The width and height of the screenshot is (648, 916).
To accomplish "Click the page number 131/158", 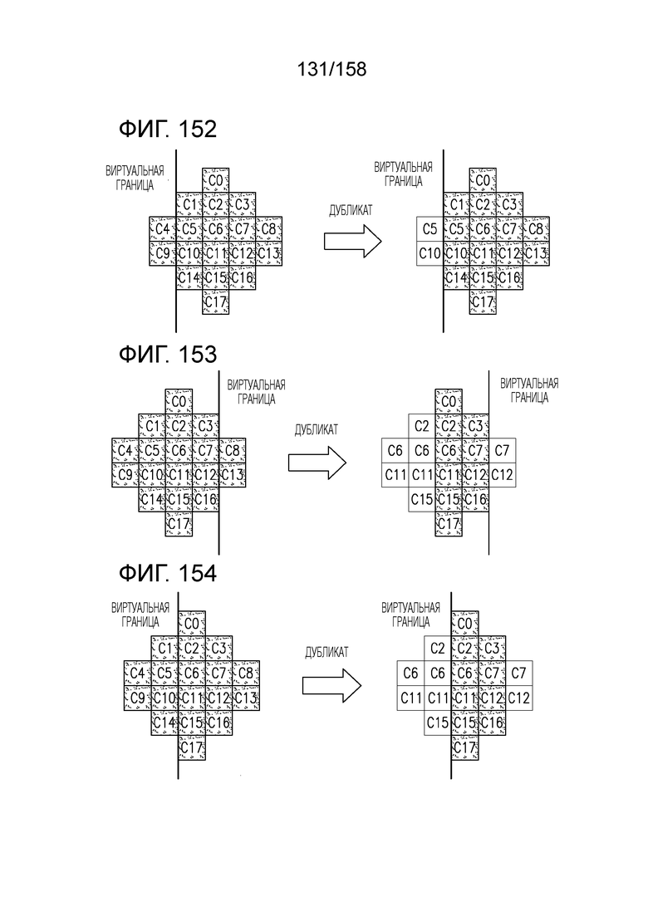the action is click(331, 69).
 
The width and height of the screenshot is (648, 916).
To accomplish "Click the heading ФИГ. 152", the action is click(168, 129).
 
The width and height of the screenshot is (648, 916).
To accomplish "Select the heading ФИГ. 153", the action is click(168, 355).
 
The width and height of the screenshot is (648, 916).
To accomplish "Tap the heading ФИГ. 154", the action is click(168, 573).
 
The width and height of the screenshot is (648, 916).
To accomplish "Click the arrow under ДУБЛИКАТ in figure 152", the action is click(353, 241).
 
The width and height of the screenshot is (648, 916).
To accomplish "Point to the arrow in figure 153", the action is click(317, 463).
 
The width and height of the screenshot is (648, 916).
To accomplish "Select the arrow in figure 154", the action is click(331, 685).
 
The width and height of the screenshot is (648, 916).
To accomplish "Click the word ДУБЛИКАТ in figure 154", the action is click(326, 652).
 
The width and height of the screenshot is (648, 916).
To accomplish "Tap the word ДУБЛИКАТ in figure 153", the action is click(317, 430).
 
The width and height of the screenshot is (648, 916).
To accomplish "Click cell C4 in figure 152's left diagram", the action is click(163, 229).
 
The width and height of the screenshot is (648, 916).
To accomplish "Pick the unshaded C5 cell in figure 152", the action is click(430, 229).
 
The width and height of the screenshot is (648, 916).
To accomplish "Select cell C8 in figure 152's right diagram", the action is click(536, 229).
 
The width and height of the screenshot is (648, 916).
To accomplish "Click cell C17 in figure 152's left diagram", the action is click(216, 302).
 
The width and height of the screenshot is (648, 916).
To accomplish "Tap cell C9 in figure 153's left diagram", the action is click(125, 475).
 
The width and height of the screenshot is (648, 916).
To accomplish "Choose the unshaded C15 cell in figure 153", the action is click(422, 499).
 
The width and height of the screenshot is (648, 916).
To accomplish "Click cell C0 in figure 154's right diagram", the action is click(465, 624).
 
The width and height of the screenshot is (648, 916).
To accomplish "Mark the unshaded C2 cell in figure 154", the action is click(438, 649).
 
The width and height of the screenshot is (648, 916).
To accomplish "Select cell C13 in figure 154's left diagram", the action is click(246, 698).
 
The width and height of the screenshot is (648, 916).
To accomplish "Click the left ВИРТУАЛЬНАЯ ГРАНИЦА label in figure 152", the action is click(135, 179).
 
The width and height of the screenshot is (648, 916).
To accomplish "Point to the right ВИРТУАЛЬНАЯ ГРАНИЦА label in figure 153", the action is click(529, 391).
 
